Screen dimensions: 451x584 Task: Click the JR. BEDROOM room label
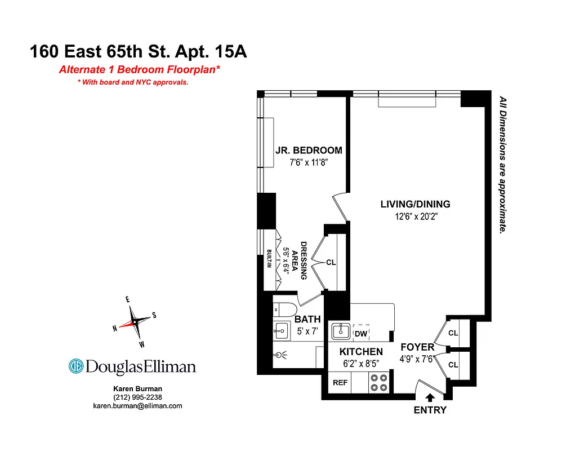point(308,151)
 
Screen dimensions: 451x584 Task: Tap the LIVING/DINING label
point(415,205)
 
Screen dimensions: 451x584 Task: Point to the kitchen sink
point(341,331)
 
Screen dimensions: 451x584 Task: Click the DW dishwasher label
point(360,334)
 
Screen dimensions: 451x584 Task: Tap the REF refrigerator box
point(340,382)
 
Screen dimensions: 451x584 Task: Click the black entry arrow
point(430,397)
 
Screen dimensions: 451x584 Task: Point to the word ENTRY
point(430,410)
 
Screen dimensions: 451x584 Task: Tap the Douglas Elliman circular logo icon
point(76,366)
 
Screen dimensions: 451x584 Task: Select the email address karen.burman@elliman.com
point(137,406)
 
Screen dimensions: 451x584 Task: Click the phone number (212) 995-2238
point(137,397)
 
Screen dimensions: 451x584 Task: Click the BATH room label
point(307,320)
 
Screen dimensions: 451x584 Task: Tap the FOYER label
point(417,347)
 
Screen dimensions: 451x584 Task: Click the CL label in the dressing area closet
point(331,262)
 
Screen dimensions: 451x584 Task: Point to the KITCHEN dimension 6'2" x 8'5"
point(360,364)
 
